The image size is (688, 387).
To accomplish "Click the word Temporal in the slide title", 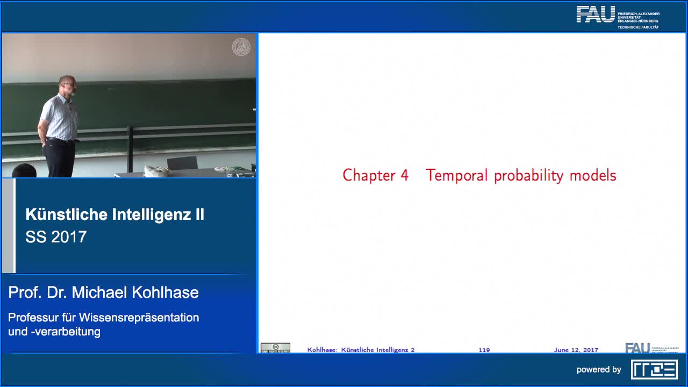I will (457, 175).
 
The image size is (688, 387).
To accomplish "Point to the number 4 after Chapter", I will (404, 175).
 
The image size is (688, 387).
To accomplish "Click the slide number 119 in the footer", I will (484, 350).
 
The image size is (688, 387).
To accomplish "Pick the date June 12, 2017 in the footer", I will (576, 350).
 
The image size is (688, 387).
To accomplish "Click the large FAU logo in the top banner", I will (596, 15).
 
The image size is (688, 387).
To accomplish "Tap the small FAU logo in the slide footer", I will (637, 348).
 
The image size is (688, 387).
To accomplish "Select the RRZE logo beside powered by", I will (654, 369).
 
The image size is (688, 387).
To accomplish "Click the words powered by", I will (599, 370).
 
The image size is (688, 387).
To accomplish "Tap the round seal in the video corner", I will (241, 47).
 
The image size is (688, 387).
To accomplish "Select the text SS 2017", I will (56, 237).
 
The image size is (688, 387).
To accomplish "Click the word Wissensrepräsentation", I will (139, 317).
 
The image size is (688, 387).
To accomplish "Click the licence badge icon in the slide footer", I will (275, 348).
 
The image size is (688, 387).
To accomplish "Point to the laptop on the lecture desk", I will (182, 163).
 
